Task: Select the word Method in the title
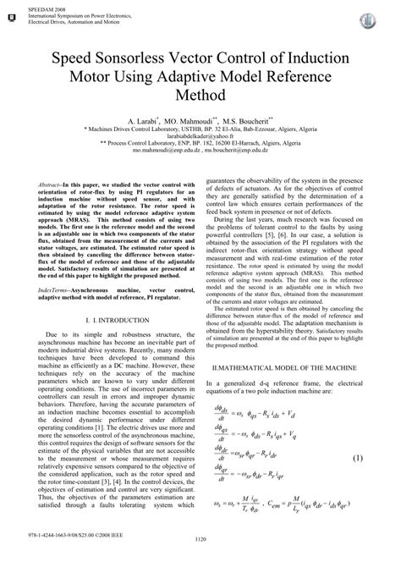click(200, 98)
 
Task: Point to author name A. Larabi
click(145, 122)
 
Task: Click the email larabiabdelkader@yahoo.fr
click(200, 141)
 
